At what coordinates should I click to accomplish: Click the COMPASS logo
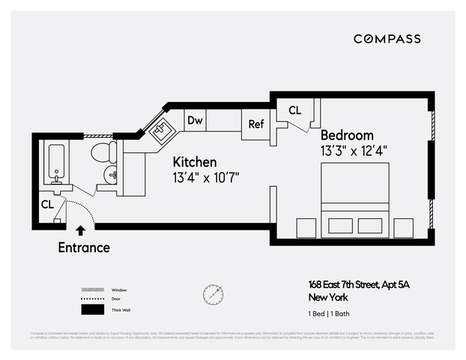click(387, 39)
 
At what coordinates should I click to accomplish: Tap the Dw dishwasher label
click(195, 120)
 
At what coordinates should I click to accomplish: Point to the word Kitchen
click(195, 162)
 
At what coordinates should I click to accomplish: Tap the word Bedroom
click(347, 135)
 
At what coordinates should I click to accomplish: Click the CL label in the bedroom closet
click(294, 110)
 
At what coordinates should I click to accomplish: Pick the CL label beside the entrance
click(47, 204)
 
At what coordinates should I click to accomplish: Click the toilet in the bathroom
click(103, 152)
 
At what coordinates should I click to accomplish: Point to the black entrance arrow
click(80, 231)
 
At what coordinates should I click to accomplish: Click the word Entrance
click(83, 247)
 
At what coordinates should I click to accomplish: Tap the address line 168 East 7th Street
click(359, 284)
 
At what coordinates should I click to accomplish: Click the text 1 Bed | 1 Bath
click(331, 313)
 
